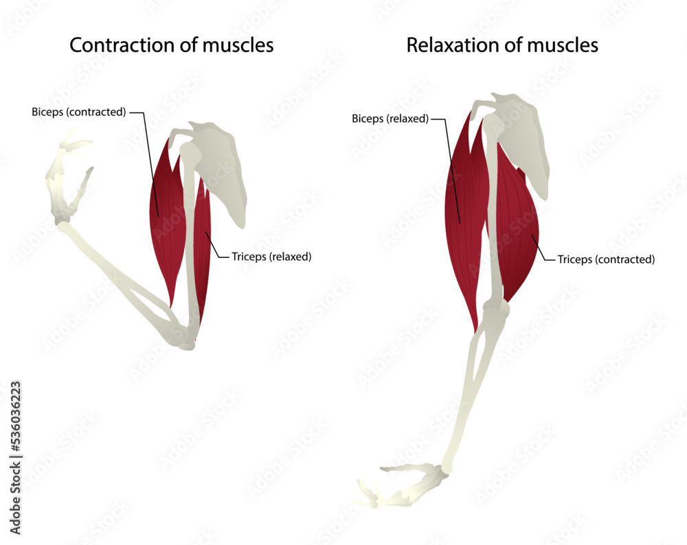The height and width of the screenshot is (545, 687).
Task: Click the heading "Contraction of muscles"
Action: pos(172,45)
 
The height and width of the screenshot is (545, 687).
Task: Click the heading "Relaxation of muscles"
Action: pos(502,45)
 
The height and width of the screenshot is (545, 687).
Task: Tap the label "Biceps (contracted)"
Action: pos(78,112)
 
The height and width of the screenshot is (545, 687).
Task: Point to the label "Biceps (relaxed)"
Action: pos(390,118)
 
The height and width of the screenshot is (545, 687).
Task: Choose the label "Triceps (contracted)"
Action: pos(606,259)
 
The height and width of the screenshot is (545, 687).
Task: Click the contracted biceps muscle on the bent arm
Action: pos(167,220)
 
